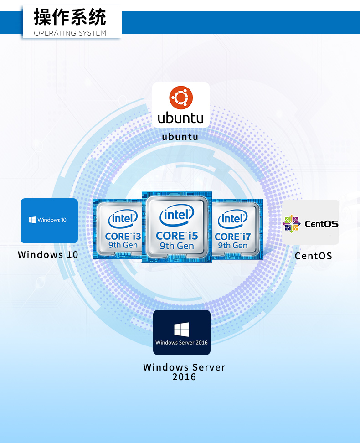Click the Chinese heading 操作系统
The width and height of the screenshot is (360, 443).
(70, 17)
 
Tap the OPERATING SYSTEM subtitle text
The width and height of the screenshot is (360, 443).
(70, 33)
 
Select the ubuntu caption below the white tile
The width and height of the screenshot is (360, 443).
(180, 136)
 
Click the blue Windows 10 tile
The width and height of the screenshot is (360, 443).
(49, 221)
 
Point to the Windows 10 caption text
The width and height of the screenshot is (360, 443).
(48, 254)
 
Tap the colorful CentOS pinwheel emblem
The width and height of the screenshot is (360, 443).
(292, 224)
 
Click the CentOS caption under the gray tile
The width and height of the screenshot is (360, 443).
(314, 256)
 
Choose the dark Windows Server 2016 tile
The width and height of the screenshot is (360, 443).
(182, 332)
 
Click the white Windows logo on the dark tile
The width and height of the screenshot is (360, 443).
(181, 329)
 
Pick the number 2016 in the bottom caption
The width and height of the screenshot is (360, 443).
(184, 377)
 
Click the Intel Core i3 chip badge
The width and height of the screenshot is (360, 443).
(118, 229)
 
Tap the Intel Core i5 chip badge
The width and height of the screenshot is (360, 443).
(177, 227)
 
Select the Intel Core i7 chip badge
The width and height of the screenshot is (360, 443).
(237, 229)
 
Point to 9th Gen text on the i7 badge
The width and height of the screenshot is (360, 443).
(232, 246)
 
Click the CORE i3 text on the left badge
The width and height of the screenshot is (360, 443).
(123, 236)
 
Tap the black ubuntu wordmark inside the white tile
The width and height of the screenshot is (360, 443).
(181, 118)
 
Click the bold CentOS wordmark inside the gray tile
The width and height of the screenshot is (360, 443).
(321, 224)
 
